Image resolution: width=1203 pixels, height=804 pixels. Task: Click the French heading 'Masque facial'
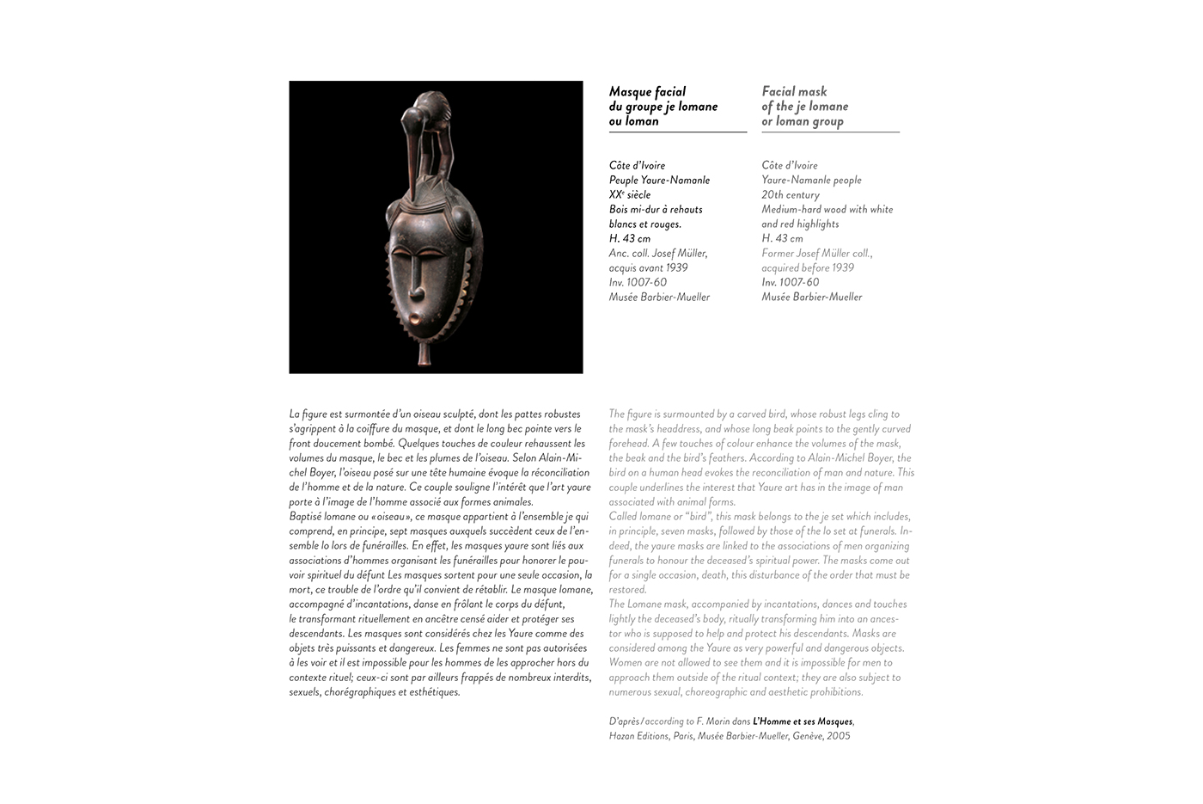click(647, 91)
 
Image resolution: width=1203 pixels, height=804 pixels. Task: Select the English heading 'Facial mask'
click(794, 91)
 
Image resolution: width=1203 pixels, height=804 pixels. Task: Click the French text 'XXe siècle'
click(630, 194)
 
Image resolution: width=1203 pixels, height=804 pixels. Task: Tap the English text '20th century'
click(791, 194)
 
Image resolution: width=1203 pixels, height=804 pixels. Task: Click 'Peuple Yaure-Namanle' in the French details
click(659, 180)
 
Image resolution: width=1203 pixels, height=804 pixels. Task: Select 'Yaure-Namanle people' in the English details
click(811, 180)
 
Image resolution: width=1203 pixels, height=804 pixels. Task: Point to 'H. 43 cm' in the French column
click(630, 238)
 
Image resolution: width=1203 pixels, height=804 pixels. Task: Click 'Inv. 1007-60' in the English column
click(791, 282)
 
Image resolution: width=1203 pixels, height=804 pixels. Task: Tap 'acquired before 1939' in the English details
click(808, 267)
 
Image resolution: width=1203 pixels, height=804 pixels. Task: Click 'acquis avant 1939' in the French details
click(648, 267)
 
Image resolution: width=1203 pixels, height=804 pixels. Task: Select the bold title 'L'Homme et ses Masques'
click(803, 721)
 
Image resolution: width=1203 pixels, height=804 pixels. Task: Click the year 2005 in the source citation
click(839, 736)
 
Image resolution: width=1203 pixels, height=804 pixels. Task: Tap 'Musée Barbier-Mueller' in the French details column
click(659, 297)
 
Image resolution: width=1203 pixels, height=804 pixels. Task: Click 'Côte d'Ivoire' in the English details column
click(790, 165)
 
